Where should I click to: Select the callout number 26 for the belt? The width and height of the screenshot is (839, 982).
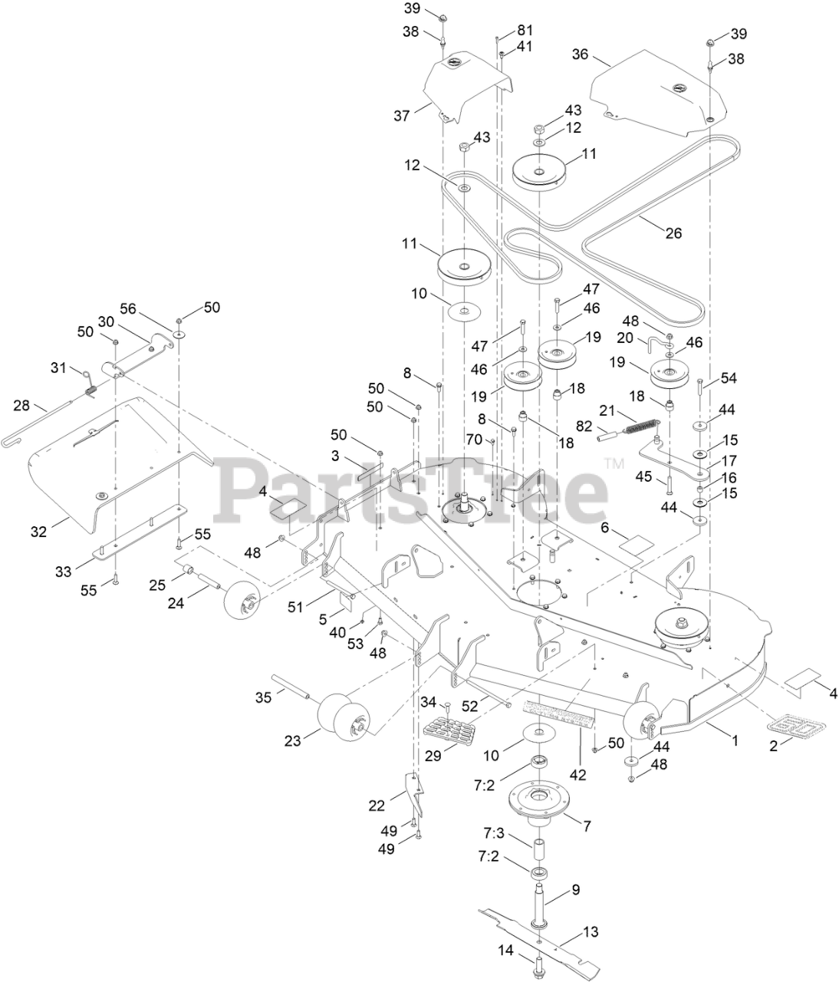click(673, 233)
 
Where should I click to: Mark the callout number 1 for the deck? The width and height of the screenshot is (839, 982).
click(734, 741)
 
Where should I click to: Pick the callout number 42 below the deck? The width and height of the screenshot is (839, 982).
click(577, 776)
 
